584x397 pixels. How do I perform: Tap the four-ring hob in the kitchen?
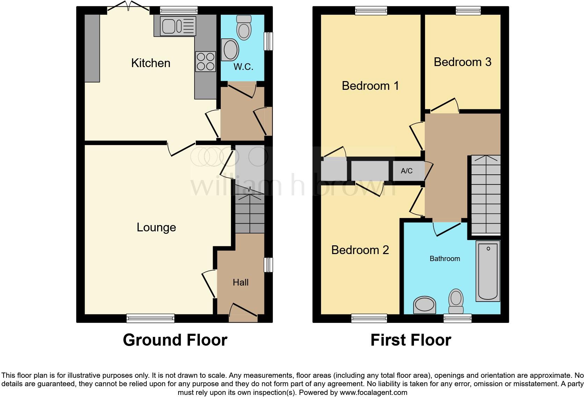(205, 61)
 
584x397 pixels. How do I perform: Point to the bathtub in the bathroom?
(488, 271)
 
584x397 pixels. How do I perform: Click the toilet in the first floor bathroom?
(456, 302)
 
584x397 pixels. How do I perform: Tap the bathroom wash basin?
(425, 305)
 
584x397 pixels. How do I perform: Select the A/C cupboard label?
(407, 171)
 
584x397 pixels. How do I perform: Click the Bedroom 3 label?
(462, 62)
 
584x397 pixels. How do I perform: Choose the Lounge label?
(156, 228)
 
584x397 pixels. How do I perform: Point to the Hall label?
(241, 282)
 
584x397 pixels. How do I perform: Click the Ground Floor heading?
(175, 340)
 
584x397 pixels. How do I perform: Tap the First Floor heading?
(411, 340)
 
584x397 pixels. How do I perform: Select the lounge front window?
(151, 318)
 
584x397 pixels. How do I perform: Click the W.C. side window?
(268, 41)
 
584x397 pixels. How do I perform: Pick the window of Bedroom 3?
(468, 11)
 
